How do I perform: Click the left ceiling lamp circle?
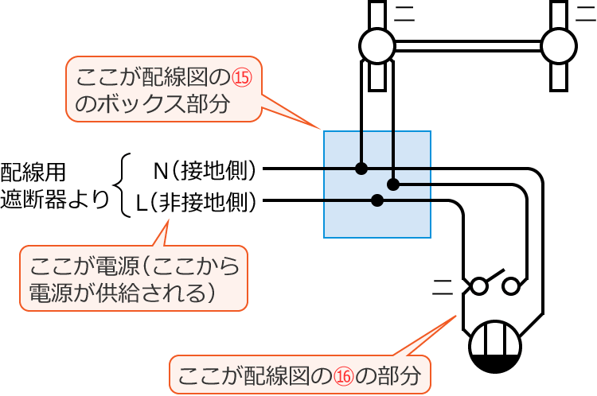pos(377,45)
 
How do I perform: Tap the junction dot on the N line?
pos(361,169)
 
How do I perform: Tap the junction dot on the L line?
pos(377,200)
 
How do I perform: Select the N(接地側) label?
pos(206,169)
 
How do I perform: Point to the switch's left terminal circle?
pos(480,283)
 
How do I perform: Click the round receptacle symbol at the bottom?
pos(494,348)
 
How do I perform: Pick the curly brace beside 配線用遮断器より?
pos(121,185)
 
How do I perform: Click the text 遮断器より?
pos(54,200)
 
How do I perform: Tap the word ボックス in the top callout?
pos(142,105)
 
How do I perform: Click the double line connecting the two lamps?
pos(467,45)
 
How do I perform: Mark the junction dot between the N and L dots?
pos(392,184)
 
